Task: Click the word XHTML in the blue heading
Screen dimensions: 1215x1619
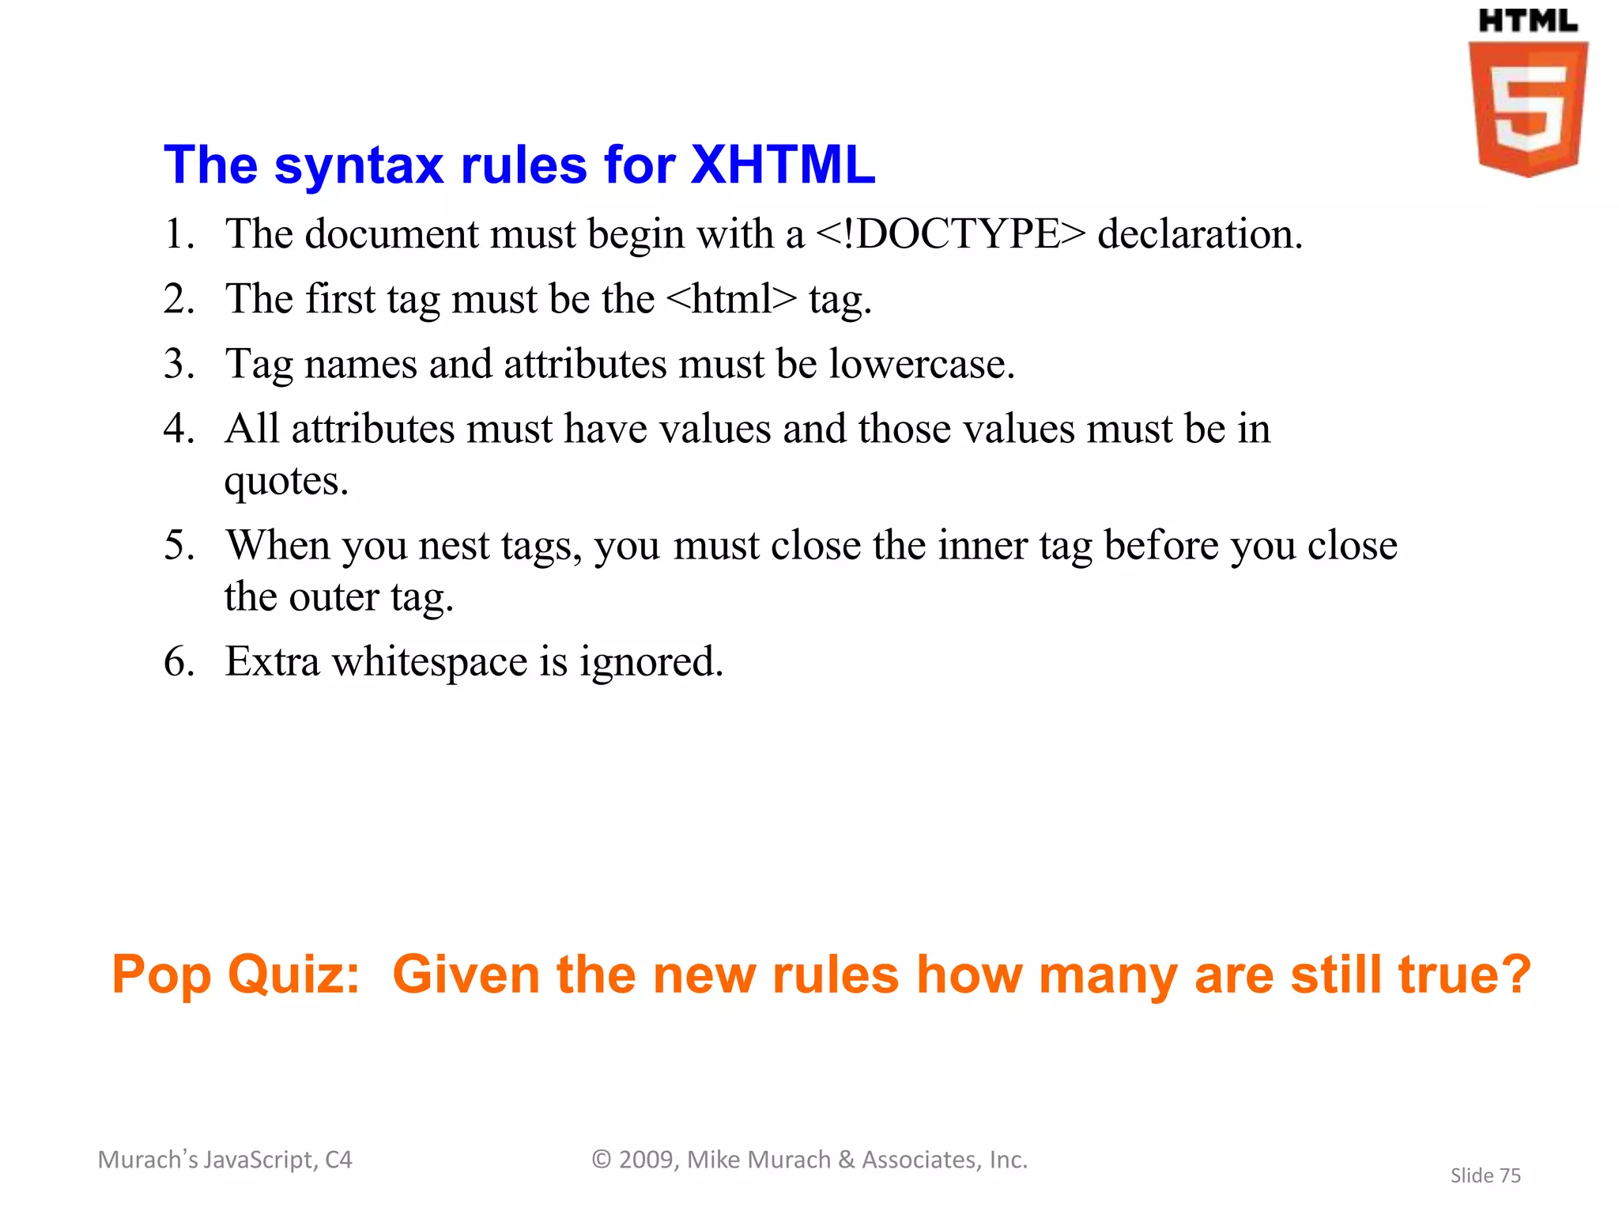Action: (x=783, y=165)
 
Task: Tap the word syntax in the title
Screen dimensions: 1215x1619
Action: (x=359, y=165)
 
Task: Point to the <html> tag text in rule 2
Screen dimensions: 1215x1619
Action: (x=731, y=299)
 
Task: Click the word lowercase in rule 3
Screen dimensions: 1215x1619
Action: (x=921, y=364)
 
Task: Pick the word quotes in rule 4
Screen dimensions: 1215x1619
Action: (x=285, y=481)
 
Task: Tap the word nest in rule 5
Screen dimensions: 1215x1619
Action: (x=454, y=546)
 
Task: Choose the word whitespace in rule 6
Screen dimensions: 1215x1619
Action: (x=429, y=661)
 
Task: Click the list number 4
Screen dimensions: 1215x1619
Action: (x=177, y=429)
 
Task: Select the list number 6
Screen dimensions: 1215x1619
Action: (x=177, y=661)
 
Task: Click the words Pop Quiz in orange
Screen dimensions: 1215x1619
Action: (x=236, y=975)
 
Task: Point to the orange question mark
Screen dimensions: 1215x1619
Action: (x=1515, y=975)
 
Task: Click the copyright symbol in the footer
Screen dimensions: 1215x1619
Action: (x=602, y=1160)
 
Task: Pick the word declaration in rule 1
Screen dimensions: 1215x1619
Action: (x=1199, y=234)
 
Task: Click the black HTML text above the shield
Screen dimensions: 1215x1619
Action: (x=1527, y=21)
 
